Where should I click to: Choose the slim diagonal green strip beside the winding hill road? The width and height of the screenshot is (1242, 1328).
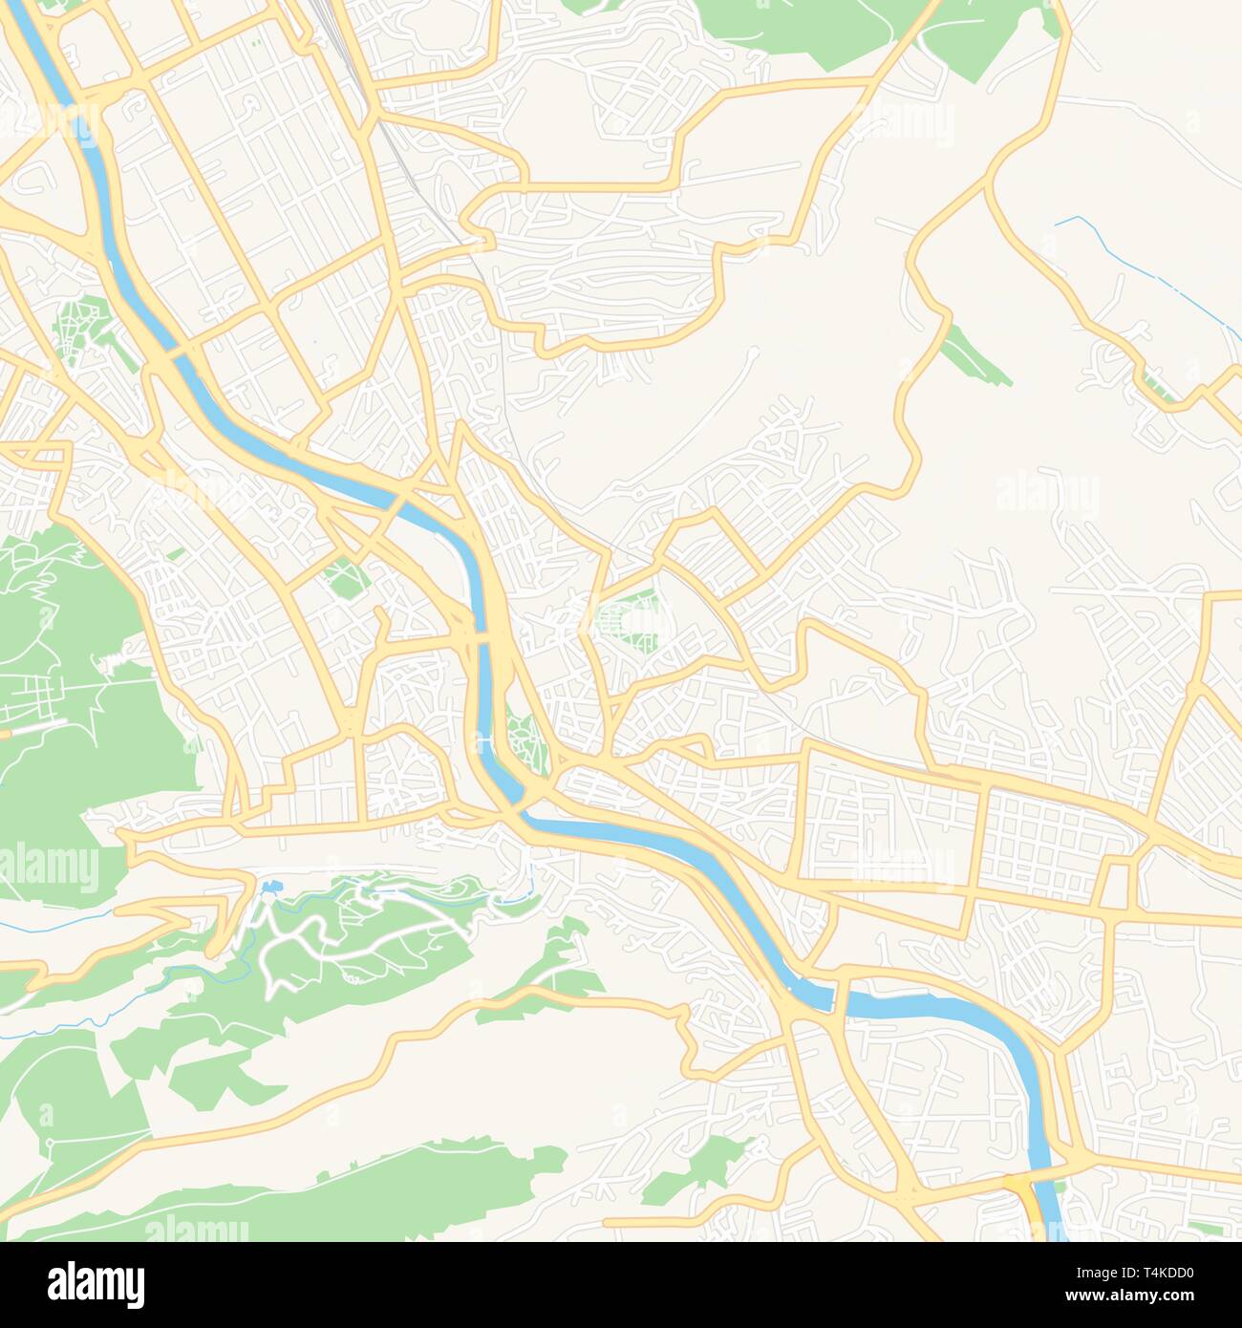(x=974, y=355)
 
